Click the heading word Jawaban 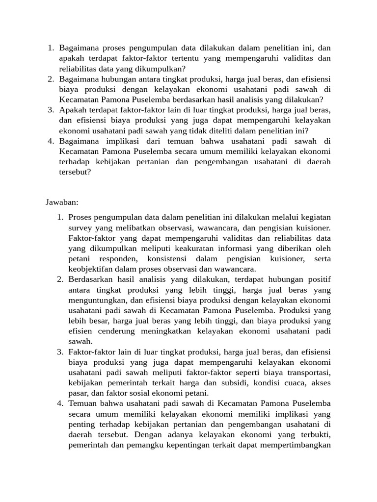coord(62,202)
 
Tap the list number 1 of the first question coord(50,48)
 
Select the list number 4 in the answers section coord(60,403)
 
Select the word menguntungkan coord(100,300)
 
